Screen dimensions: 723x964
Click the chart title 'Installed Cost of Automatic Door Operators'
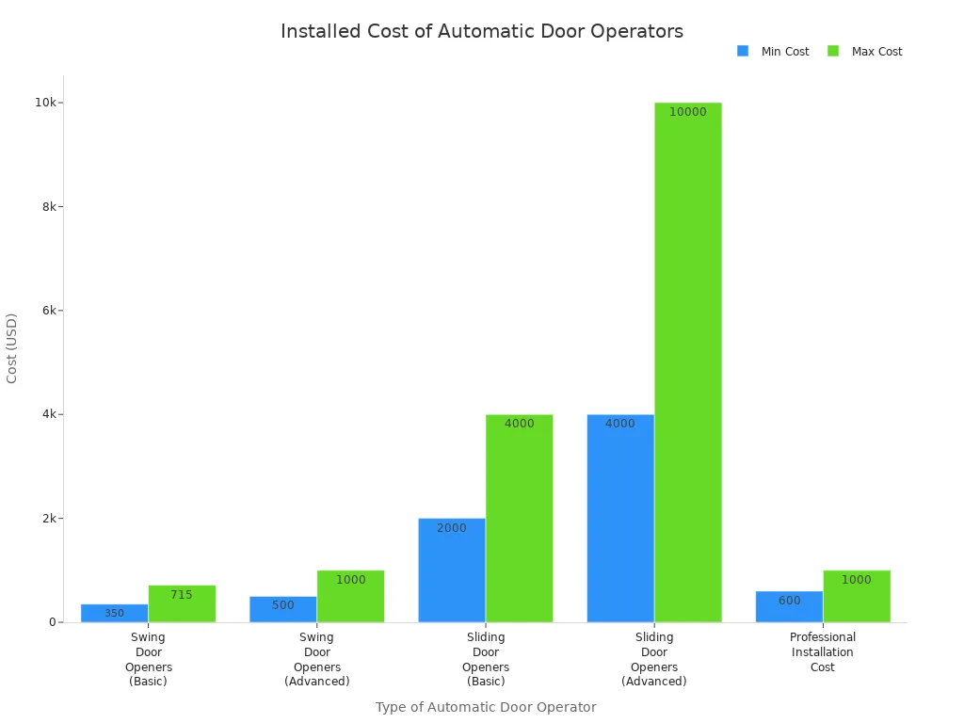(x=481, y=31)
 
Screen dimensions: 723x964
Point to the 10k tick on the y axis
(x=45, y=103)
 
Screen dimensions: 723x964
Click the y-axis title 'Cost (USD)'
(x=12, y=348)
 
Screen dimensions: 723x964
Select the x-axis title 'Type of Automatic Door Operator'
(x=485, y=707)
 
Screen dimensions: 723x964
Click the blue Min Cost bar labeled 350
(x=114, y=614)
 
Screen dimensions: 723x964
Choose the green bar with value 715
(x=182, y=604)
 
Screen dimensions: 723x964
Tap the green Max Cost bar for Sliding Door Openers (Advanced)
(x=687, y=362)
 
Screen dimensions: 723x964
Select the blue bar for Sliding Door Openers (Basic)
(x=452, y=570)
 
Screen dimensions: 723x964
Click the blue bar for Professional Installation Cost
(x=789, y=607)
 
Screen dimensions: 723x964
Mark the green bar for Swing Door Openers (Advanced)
(x=350, y=597)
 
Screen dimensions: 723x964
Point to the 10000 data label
(x=687, y=112)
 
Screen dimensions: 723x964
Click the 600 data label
(x=789, y=601)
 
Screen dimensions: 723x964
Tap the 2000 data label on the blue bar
(x=452, y=528)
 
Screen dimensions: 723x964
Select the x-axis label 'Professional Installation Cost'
(x=823, y=652)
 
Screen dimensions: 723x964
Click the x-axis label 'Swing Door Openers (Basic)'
(x=148, y=659)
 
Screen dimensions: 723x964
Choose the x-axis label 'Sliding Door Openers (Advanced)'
(x=654, y=659)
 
